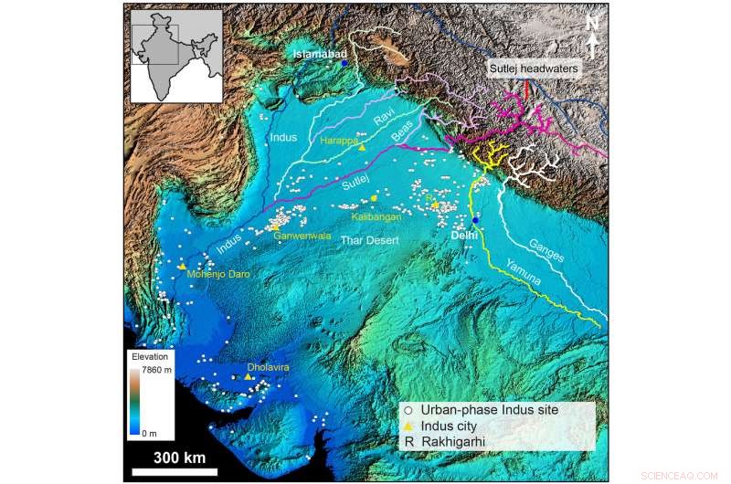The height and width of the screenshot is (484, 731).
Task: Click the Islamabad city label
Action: (x=316, y=55)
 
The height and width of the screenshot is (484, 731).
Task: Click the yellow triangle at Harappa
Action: (x=363, y=147)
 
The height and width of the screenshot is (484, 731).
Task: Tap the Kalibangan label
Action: (x=377, y=218)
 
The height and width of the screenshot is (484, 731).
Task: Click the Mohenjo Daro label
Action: (x=217, y=273)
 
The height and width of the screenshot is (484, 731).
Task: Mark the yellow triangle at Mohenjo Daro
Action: (x=183, y=266)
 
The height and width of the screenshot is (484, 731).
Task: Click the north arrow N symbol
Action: (x=591, y=22)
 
